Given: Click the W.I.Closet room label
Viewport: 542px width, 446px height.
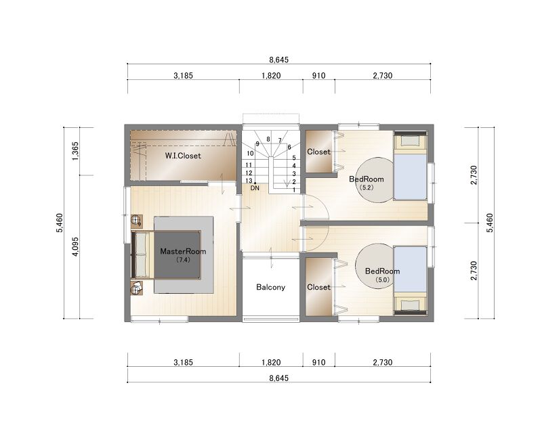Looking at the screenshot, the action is tap(183, 156).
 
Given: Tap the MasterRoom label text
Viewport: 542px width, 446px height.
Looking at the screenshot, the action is tap(183, 251).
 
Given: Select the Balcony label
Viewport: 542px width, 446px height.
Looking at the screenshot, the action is tap(270, 287).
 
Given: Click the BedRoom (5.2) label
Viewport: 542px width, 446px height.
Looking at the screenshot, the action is tap(367, 182).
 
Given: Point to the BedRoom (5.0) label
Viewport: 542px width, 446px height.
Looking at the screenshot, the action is tap(382, 274).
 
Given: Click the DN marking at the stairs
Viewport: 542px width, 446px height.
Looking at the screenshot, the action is tap(255, 188).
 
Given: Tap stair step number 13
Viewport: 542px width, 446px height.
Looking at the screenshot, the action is tap(249, 181).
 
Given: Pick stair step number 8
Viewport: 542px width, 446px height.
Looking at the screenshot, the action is tap(268, 139).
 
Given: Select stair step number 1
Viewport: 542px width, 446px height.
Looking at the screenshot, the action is tap(294, 190).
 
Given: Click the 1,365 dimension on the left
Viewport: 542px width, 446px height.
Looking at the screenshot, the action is tap(76, 150).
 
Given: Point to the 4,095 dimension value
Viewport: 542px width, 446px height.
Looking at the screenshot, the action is tap(76, 246).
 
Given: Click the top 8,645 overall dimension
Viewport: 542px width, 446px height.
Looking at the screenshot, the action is tap(278, 60).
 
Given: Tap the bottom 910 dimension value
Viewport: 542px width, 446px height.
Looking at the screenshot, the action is tap(318, 363).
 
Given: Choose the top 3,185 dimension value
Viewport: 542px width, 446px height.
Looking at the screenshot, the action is tap(183, 76).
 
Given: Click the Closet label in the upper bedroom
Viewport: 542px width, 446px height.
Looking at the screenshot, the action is tap(318, 152).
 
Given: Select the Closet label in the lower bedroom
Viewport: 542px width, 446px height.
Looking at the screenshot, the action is tap(318, 287).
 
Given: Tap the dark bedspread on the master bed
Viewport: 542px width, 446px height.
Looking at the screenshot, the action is tap(177, 254).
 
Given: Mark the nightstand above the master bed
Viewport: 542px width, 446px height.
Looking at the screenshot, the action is tap(137, 220).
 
